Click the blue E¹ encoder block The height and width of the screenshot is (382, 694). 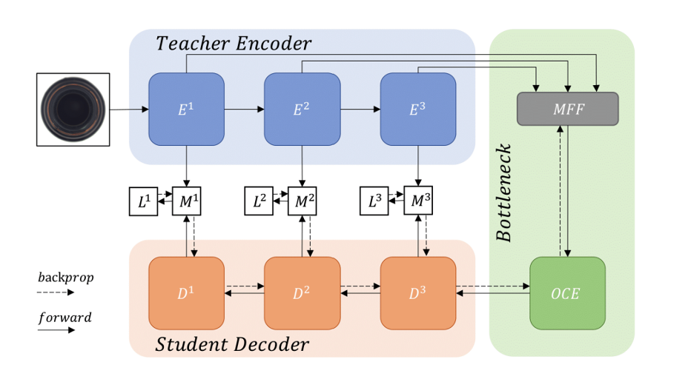[186, 110]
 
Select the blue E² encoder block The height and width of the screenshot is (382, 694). [302, 110]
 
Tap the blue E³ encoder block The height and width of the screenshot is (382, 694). [417, 110]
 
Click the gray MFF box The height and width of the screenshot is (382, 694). [567, 109]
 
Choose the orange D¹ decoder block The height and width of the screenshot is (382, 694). [186, 293]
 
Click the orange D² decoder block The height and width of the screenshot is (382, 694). [302, 293]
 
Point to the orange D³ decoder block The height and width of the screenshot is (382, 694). [417, 293]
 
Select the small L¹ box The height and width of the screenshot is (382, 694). [144, 201]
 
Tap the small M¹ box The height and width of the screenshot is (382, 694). [186, 201]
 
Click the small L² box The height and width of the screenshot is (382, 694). [260, 201]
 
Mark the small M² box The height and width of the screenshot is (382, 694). [302, 201]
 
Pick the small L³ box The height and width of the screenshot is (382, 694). [374, 201]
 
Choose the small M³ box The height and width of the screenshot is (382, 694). [417, 201]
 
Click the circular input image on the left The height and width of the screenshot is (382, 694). [73, 110]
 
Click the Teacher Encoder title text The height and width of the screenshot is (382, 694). [234, 44]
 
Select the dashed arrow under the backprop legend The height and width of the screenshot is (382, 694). [56, 292]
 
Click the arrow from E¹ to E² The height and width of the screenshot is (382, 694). [244, 110]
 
